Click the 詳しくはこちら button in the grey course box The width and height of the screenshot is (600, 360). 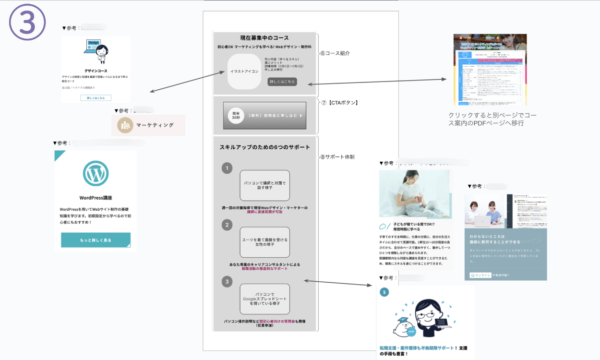coord(282,82)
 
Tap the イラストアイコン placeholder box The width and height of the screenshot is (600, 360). coord(244,72)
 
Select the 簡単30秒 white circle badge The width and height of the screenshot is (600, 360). coord(236,116)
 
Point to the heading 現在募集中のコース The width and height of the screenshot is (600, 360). coord(264,38)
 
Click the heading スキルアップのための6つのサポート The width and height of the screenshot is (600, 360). coord(264,147)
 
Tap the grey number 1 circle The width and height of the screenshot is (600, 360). coord(227,168)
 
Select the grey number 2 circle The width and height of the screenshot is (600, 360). coord(227,225)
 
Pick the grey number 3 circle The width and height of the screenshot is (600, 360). coord(227,281)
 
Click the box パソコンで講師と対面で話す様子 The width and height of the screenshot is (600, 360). coord(264,185)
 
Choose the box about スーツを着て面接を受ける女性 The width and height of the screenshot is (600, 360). coord(264,242)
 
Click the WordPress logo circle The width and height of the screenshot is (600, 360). coord(96,173)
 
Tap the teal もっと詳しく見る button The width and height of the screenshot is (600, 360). coord(96,240)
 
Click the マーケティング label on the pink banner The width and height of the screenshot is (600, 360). coord(155,125)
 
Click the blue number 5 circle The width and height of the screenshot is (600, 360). coord(384,292)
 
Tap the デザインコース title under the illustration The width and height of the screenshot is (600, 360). coord(95,71)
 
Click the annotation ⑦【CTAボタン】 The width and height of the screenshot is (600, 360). coord(341,103)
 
